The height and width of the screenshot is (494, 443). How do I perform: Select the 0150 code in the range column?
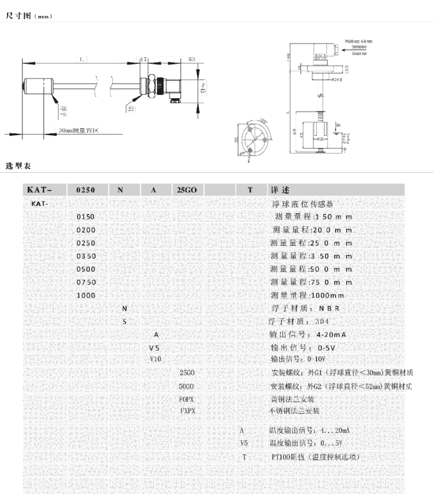pos(85,217)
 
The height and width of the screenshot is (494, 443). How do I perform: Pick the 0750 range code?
pos(85,282)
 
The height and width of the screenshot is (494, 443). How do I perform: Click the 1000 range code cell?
pos(85,296)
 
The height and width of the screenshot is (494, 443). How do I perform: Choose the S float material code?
pos(124,322)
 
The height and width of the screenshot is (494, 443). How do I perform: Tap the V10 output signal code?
pos(155,359)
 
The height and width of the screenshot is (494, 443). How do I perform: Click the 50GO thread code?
pos(187,386)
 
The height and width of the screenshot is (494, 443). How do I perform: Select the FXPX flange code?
pos(187,411)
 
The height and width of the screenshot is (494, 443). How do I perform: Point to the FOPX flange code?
pos(187,398)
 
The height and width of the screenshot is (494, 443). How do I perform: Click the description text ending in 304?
pos(299,321)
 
